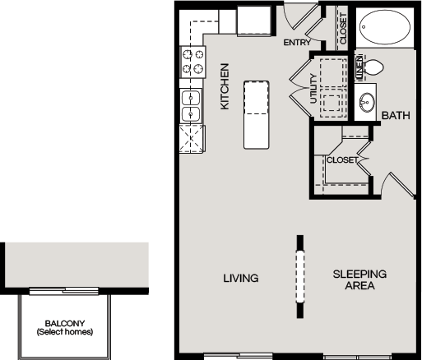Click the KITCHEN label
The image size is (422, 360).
[225, 86]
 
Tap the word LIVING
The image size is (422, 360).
[241, 279]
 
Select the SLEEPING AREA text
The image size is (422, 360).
[359, 279]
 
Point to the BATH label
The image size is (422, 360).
[396, 116]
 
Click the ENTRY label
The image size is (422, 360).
[297, 43]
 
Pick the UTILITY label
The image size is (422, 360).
[313, 89]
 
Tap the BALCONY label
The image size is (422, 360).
[65, 324]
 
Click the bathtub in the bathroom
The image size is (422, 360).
[385, 27]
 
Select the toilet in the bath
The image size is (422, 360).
[373, 67]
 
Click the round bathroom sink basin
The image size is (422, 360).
[367, 103]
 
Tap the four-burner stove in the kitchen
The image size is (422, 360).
[192, 62]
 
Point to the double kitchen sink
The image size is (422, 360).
[191, 105]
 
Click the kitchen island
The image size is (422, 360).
[256, 115]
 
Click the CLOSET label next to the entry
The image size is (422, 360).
[343, 29]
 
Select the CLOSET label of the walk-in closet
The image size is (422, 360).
[342, 159]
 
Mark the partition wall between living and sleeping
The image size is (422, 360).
[300, 277]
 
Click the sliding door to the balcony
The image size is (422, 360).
[64, 291]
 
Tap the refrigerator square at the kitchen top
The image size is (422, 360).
[254, 21]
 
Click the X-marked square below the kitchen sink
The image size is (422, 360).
[192, 139]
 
